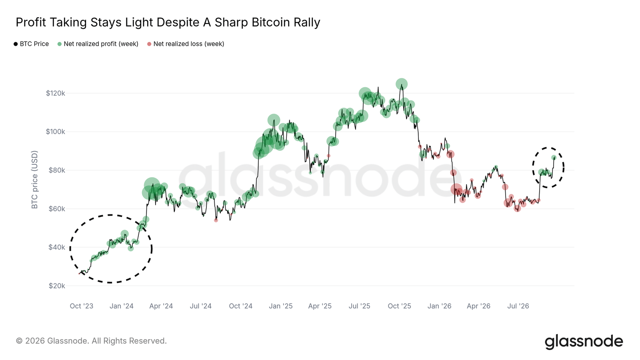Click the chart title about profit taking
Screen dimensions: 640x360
tap(168, 22)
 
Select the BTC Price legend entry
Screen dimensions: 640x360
tap(31, 44)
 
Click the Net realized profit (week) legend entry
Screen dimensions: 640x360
tap(98, 44)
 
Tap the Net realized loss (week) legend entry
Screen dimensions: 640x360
tap(186, 44)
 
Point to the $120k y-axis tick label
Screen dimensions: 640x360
tap(56, 93)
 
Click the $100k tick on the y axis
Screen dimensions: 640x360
tap(56, 132)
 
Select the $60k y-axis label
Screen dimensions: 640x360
tap(56, 209)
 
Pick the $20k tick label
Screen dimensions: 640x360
tap(56, 286)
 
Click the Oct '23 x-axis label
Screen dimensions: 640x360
tap(82, 306)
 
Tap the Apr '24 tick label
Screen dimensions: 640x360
tap(161, 306)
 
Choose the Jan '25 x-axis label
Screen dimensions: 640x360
tap(280, 306)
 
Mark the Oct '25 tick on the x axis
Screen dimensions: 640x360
tap(400, 306)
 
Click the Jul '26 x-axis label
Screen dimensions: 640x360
tap(518, 306)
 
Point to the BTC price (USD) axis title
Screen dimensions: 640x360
tap(34, 180)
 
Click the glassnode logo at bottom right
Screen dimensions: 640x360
tap(584, 342)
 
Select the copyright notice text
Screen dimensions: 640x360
tap(92, 341)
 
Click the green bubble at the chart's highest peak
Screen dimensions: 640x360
tap(402, 84)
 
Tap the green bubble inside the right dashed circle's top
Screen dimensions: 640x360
tap(554, 158)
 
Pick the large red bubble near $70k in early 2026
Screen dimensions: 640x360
tap(456, 189)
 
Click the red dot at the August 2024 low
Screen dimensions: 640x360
tap(216, 220)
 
